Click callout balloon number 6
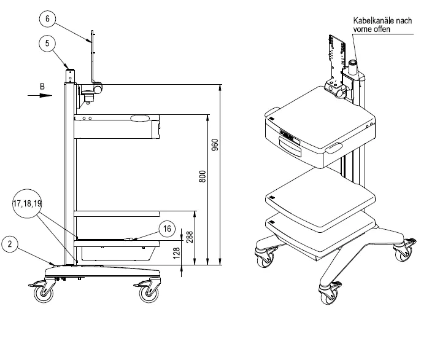click(47, 18)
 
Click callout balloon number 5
click(47, 43)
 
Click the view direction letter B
click(42, 87)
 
